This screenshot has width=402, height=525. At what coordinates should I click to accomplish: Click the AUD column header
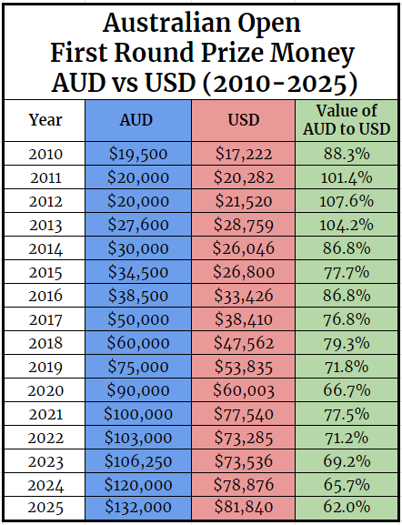pos(137,120)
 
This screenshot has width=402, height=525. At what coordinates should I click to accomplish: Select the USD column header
pos(243,120)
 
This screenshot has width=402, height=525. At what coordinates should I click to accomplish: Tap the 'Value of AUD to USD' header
pos(347,120)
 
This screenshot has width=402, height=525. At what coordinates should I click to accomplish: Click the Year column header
pos(45,120)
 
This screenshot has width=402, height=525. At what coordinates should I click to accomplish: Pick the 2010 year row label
pos(45,154)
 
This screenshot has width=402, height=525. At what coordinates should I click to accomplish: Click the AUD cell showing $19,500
pos(137,154)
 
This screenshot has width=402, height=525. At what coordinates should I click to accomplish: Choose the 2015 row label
pos(45,272)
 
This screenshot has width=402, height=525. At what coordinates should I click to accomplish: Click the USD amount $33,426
pos(243,296)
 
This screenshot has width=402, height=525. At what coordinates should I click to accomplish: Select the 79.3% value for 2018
pos(347,343)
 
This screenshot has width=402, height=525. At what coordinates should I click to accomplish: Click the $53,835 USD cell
pos(243,367)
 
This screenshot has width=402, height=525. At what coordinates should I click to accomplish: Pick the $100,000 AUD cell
pos(137,414)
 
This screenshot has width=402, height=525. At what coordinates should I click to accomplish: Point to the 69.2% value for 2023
pos(347,460)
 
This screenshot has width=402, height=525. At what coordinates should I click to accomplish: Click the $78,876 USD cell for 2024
pos(243,484)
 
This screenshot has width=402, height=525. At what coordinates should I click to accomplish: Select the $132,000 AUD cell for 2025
pos(137,507)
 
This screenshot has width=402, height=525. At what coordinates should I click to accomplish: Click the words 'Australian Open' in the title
pos(201,22)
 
